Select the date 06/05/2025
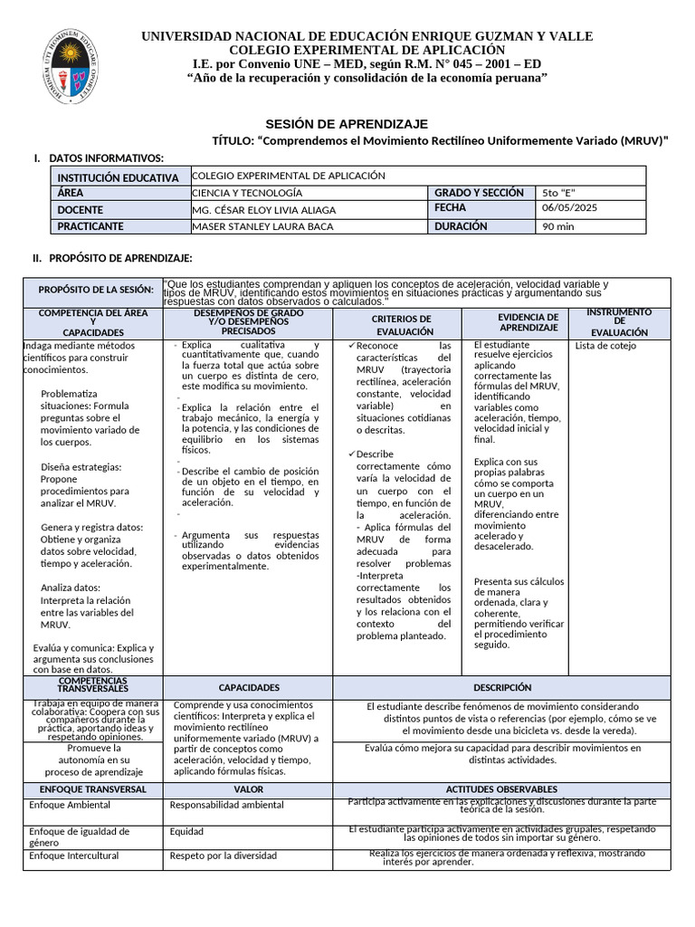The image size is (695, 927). click(569, 208)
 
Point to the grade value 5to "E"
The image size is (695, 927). click(558, 193)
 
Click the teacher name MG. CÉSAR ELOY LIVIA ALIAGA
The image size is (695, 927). click(264, 210)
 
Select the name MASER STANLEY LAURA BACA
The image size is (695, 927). click(263, 226)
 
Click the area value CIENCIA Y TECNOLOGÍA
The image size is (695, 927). click(247, 193)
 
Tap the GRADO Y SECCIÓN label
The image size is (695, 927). click(479, 193)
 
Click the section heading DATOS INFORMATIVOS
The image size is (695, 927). click(106, 158)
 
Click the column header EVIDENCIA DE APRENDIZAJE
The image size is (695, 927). click(528, 322)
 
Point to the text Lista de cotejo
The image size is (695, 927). click(605, 346)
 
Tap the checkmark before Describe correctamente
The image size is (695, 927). click(350, 454)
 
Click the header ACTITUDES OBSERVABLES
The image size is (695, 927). click(501, 789)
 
